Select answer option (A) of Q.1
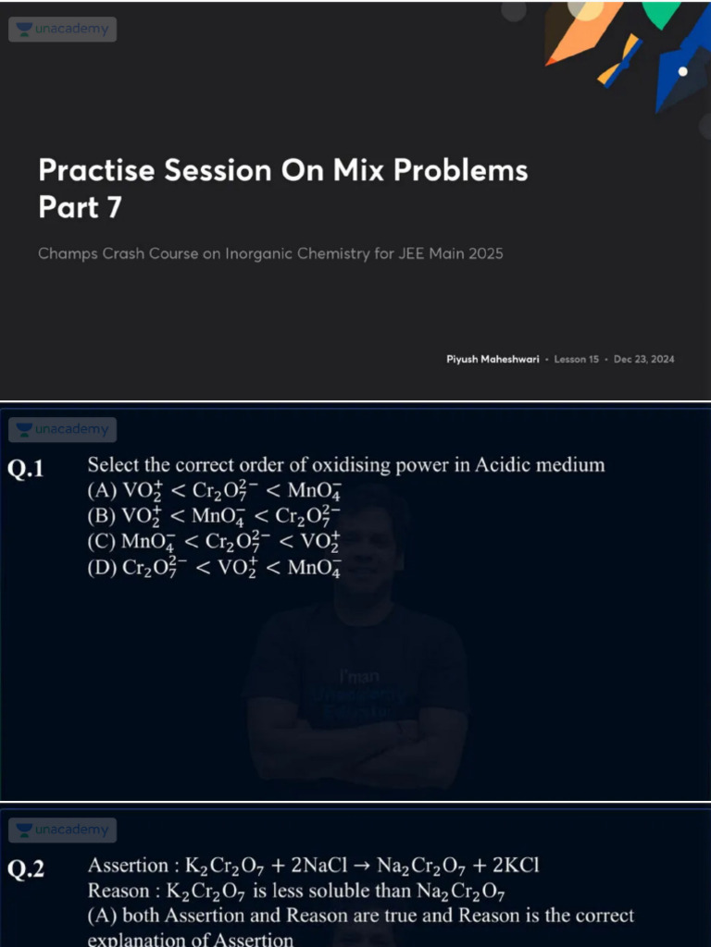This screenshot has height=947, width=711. coord(214,490)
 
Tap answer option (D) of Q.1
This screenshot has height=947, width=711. coord(214,567)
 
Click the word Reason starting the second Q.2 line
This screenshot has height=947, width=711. coord(118,892)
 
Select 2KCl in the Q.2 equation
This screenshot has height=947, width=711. coord(513,867)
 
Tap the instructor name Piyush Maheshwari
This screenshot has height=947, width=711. coord(493,359)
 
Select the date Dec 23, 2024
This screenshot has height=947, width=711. coord(643,359)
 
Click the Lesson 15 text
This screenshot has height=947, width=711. coord(577,359)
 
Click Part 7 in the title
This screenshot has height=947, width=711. coord(80,208)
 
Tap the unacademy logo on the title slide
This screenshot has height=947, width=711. coord(63,30)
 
